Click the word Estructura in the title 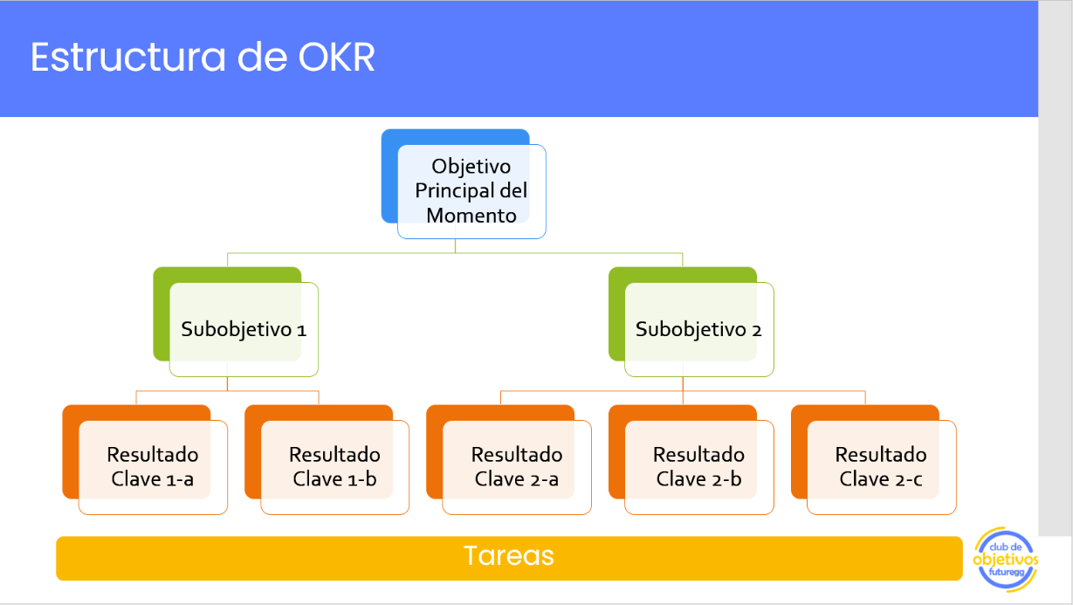pos(127,57)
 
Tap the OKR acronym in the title pos(336,57)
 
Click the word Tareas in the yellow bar pos(509,555)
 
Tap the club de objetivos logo pos(1006,559)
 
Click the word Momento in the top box pos(471,216)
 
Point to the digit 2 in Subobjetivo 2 pos(756,330)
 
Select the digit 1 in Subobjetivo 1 pos(301,330)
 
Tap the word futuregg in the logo pos(1007,573)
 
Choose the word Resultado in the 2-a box pos(517,455)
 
